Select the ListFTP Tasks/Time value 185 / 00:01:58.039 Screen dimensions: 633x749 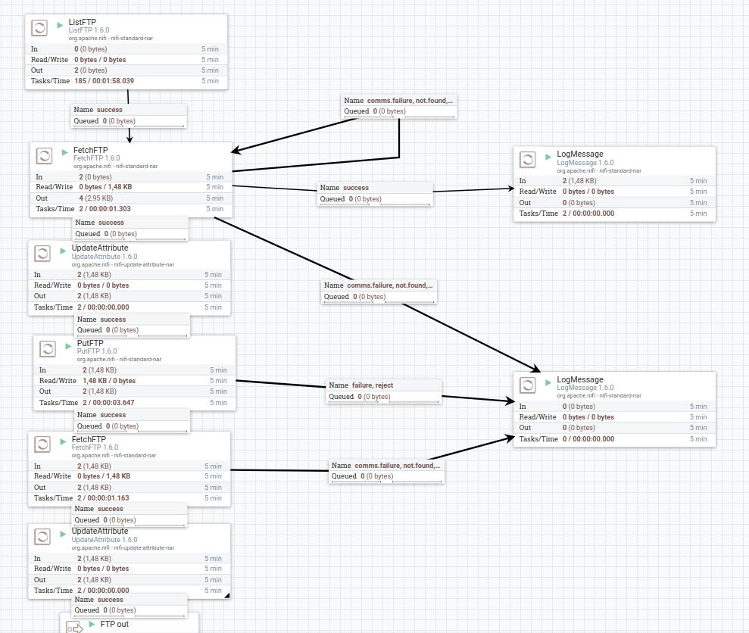click(104, 81)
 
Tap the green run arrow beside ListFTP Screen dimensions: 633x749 click(60, 25)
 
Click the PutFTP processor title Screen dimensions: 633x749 click(89, 343)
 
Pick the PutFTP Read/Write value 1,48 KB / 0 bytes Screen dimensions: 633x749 click(108, 381)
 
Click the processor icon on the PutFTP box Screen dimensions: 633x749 click(48, 349)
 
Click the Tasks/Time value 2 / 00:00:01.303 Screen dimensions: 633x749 click(105, 209)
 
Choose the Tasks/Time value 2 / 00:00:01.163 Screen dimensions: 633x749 click(103, 498)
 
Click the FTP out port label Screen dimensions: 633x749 click(114, 624)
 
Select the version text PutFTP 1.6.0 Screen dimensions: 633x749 click(97, 351)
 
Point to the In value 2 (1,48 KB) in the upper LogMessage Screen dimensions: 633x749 click(579, 181)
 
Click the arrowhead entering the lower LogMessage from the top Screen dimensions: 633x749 click(535, 368)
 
